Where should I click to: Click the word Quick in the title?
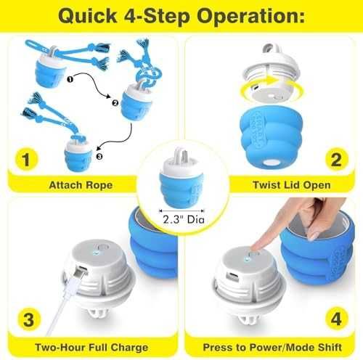point(88,16)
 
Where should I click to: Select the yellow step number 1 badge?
point(26,159)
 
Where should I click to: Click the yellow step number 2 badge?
point(336,159)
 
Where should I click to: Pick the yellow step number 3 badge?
point(29,319)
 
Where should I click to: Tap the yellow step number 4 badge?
point(336,319)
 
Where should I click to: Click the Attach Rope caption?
point(81,185)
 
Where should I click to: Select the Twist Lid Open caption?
point(292,185)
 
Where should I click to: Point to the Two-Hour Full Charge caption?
point(91,348)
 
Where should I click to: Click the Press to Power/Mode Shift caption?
point(272,348)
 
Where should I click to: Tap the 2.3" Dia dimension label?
point(184,219)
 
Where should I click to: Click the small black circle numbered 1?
point(70,79)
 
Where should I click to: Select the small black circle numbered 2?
point(115,103)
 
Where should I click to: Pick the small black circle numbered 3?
point(99,156)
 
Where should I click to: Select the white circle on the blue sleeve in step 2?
point(271,163)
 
